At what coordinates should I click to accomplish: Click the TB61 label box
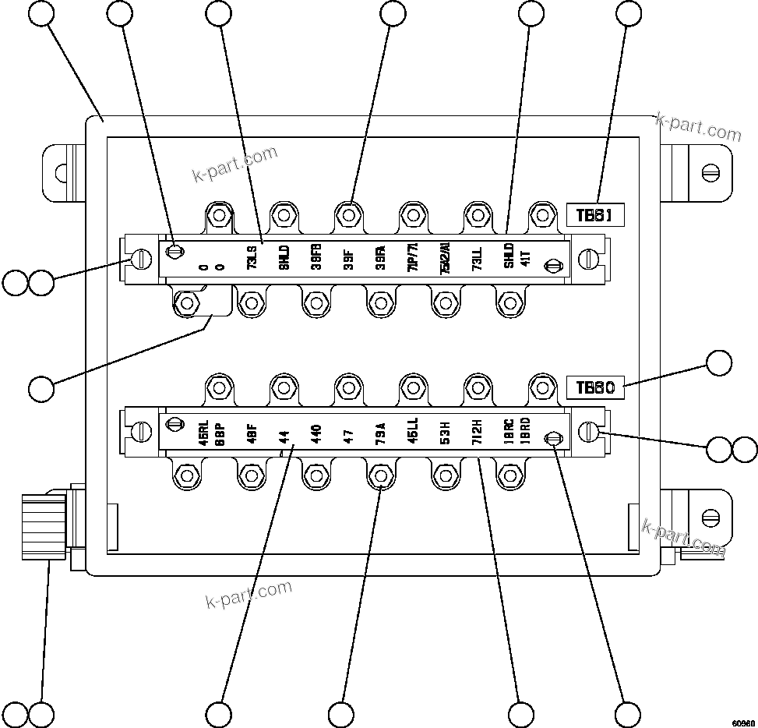[596, 215]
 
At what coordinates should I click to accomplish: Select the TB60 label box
[596, 388]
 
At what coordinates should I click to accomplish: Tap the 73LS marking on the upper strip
[252, 258]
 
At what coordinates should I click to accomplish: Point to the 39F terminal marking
[348, 258]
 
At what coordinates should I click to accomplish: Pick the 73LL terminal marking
[477, 258]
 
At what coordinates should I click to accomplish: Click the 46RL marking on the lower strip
[203, 433]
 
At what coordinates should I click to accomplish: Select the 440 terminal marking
[316, 433]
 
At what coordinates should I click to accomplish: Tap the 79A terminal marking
[380, 433]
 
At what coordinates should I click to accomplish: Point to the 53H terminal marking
[445, 433]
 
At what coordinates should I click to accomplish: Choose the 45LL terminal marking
[412, 433]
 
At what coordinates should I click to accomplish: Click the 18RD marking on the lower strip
[526, 433]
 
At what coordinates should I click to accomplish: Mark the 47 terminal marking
[348, 433]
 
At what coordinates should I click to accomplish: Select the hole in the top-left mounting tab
[58, 171]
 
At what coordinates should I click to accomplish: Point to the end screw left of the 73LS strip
[141, 258]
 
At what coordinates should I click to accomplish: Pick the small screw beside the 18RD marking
[552, 440]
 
